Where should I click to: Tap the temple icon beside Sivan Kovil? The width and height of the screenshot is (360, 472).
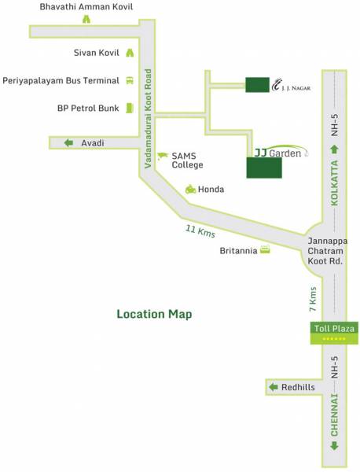click(x=130, y=53)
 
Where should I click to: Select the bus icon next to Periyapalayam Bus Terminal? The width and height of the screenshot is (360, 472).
click(x=130, y=80)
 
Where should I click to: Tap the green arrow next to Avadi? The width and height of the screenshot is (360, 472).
click(x=68, y=142)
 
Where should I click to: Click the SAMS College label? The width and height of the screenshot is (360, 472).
click(x=187, y=160)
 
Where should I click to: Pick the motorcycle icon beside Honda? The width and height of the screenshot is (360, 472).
click(x=190, y=189)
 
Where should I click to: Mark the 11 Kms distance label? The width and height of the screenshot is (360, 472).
click(x=200, y=231)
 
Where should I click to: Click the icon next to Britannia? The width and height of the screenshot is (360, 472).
click(x=266, y=251)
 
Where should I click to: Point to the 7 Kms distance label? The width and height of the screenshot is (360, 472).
click(x=313, y=296)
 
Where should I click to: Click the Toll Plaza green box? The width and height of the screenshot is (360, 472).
click(x=334, y=332)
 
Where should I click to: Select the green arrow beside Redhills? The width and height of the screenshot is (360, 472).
click(x=274, y=388)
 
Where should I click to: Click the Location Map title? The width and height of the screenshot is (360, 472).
click(x=154, y=314)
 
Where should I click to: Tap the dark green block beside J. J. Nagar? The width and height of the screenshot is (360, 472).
click(x=256, y=85)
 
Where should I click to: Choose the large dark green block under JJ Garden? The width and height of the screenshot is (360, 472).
click(x=262, y=168)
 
